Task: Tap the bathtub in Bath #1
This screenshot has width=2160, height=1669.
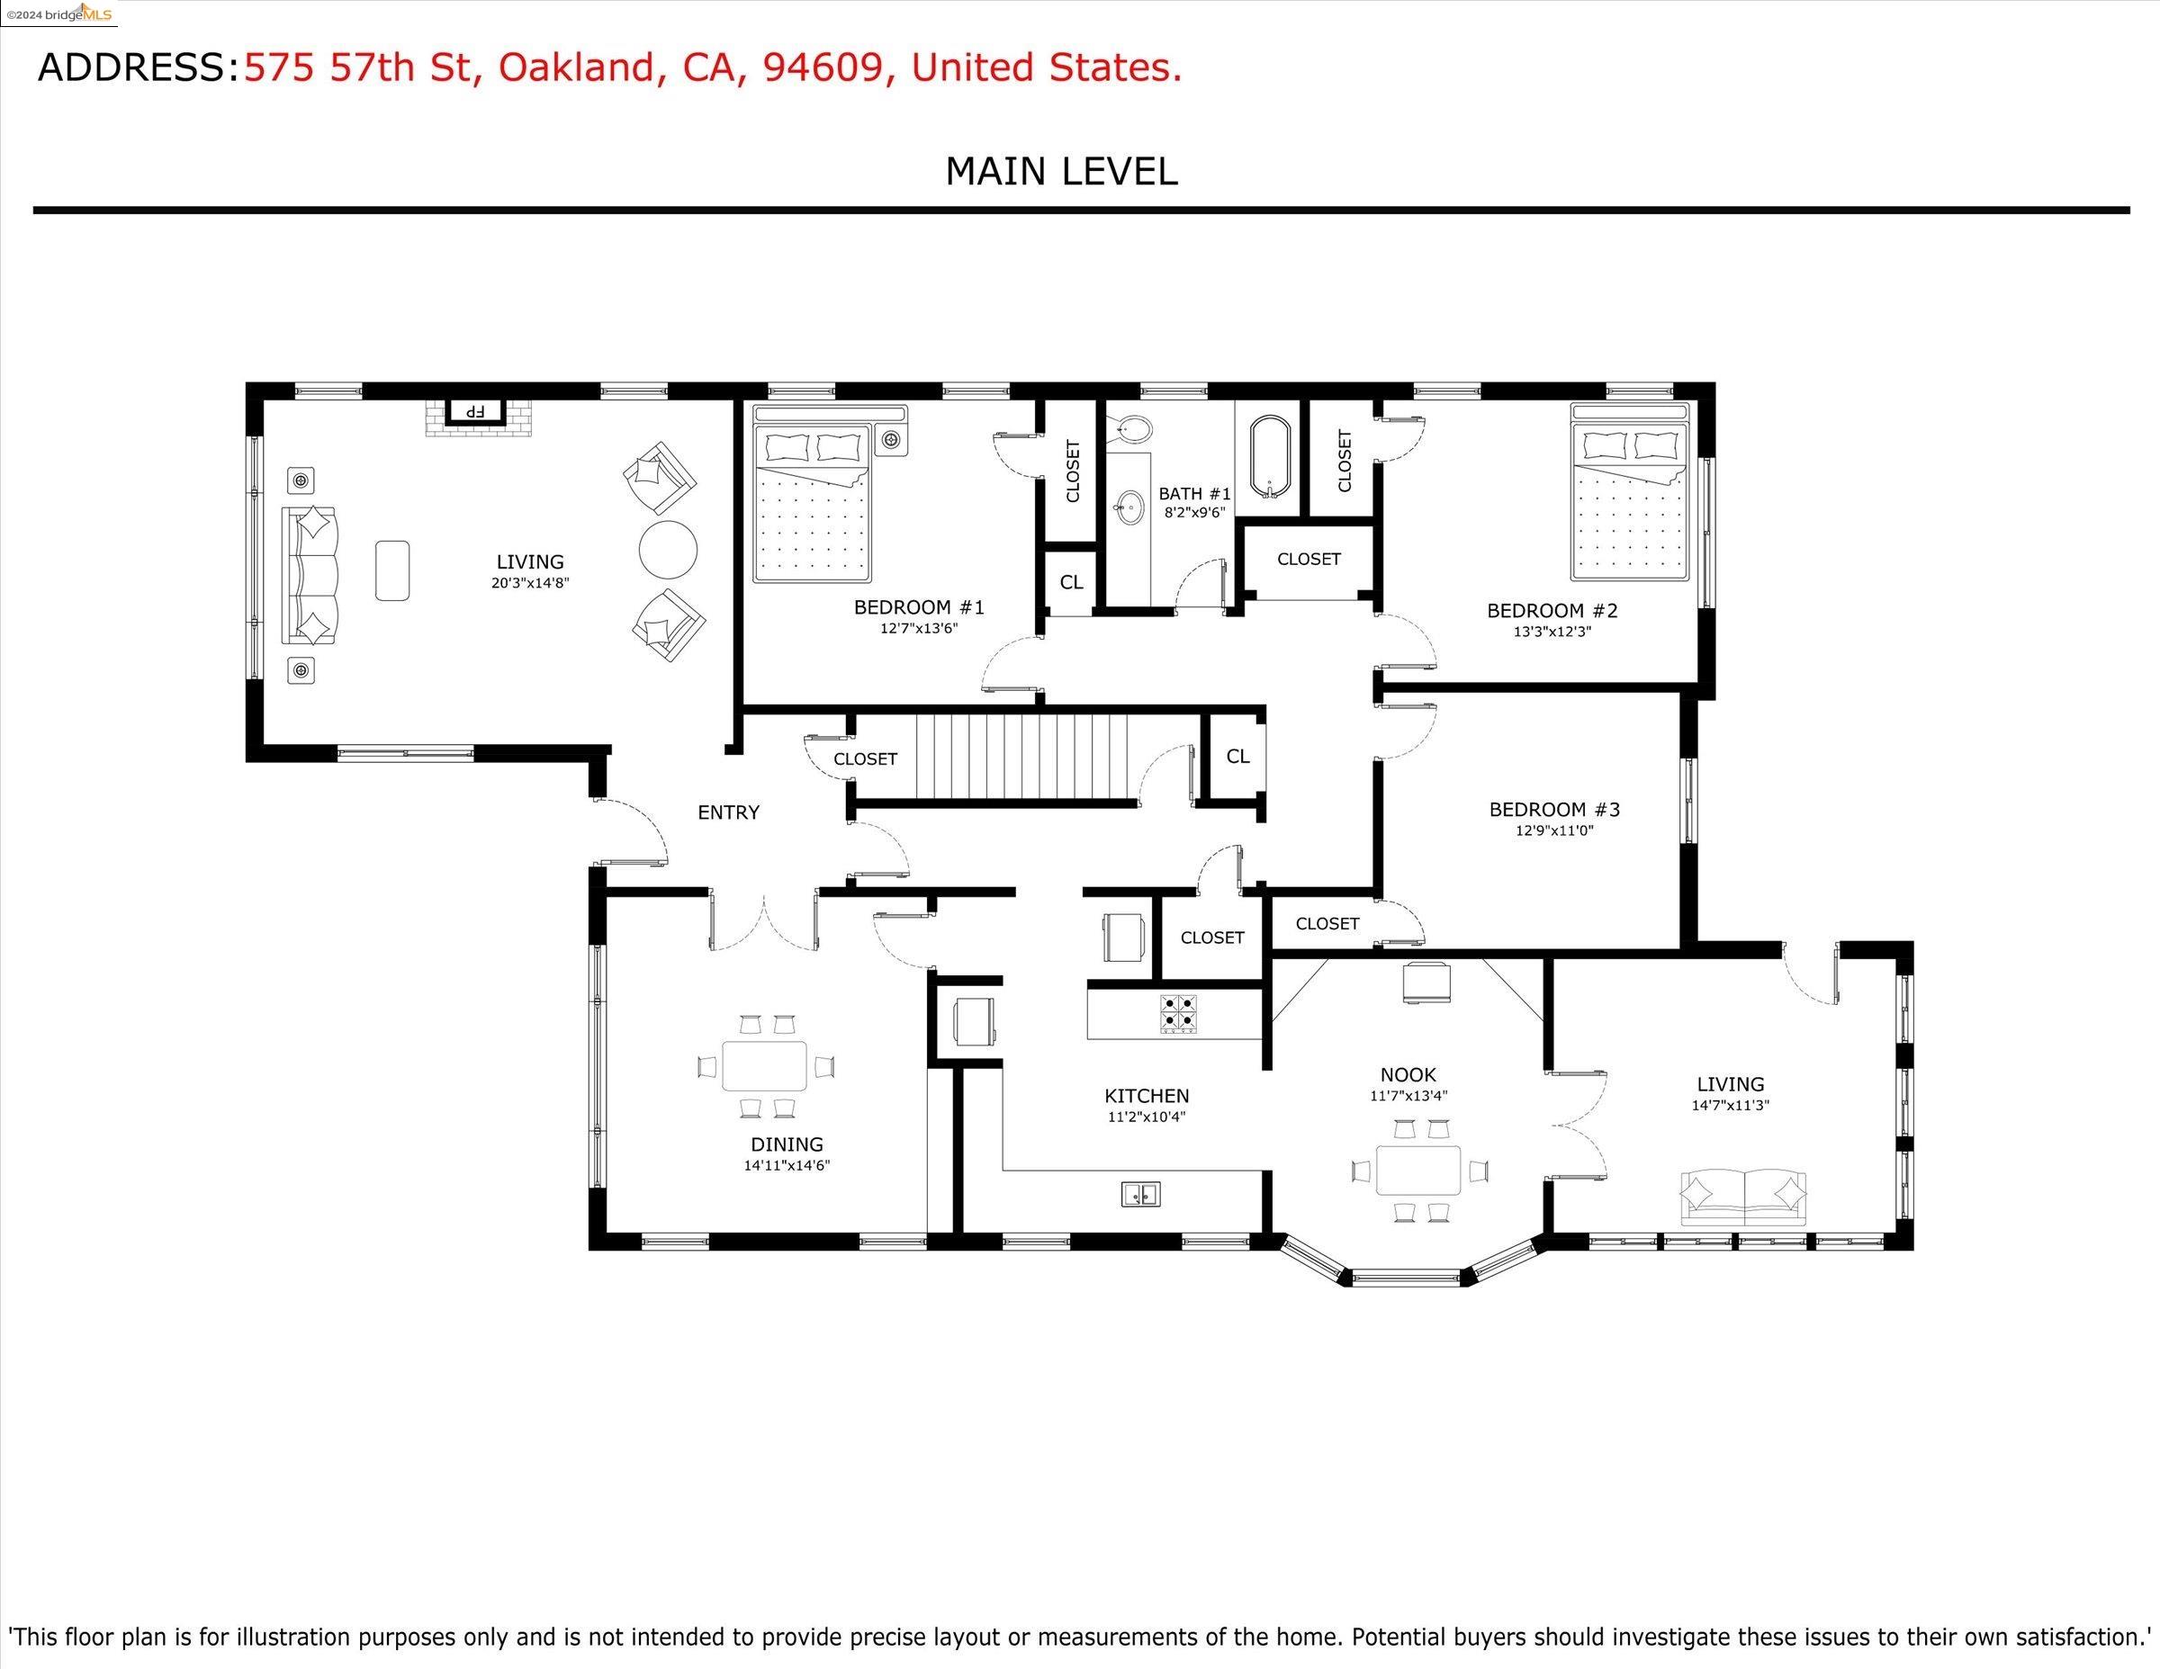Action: pos(1271,458)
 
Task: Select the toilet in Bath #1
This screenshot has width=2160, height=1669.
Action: pos(1130,428)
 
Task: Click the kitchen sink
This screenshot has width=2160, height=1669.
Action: pos(1140,1195)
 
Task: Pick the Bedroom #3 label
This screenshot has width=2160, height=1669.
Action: pos(1554,810)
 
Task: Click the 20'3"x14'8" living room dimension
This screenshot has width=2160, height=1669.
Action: pos(530,583)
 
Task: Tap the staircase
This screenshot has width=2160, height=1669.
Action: pos(1021,758)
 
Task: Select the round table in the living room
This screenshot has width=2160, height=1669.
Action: pos(668,550)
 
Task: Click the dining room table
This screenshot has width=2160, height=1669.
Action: pos(764,1065)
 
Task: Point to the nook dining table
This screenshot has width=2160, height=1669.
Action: pos(1418,1171)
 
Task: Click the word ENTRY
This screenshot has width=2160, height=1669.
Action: pos(729,812)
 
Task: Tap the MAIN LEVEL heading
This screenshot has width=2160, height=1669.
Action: pos(1061,172)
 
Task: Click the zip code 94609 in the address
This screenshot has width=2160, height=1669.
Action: pos(823,67)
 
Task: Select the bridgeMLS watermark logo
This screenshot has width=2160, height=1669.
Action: pos(58,13)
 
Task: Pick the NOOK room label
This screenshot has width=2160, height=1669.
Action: pos(1408,1075)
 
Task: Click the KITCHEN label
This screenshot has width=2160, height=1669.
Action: pos(1147,1096)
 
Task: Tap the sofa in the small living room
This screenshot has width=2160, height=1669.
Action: pos(1743,1198)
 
